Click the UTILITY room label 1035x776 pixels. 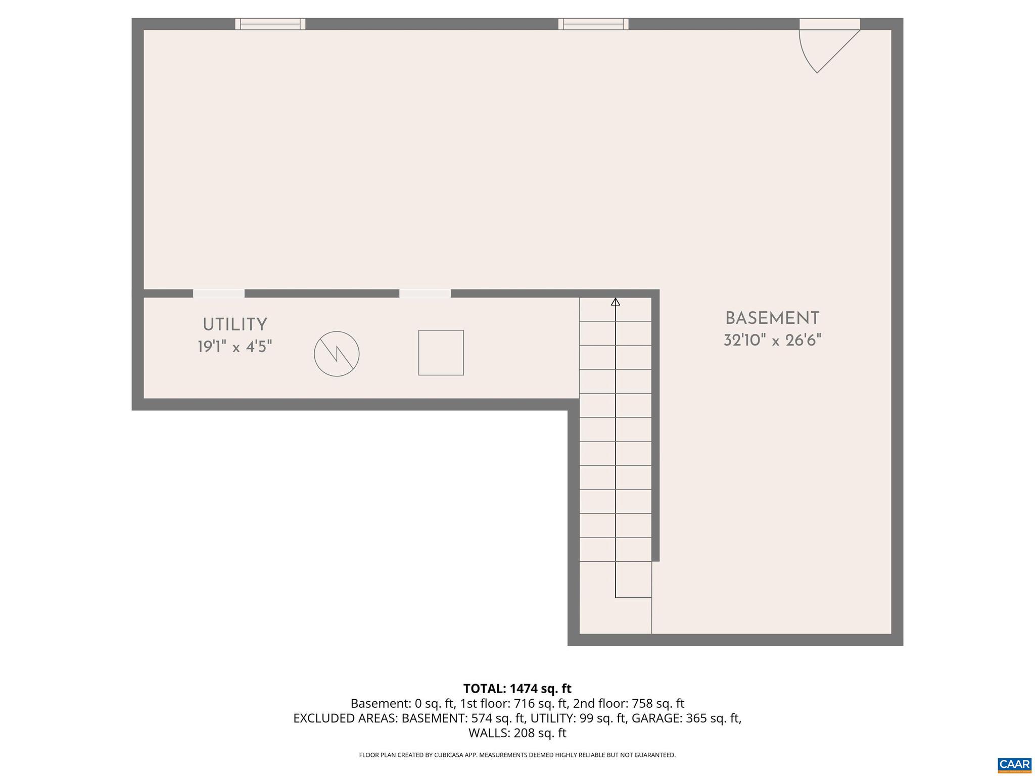tap(234, 324)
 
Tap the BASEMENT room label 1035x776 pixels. tap(772, 318)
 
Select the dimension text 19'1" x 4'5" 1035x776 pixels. tap(234, 347)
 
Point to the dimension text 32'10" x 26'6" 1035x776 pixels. tap(772, 341)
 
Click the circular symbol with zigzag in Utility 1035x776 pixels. tap(337, 354)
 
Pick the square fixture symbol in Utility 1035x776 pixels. tap(441, 353)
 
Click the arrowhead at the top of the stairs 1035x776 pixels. tap(615, 302)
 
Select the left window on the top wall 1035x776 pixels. tap(270, 24)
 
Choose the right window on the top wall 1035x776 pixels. tap(593, 24)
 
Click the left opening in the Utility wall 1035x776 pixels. tap(219, 293)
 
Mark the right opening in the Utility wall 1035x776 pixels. tap(425, 293)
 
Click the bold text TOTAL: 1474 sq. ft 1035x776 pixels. tap(517, 689)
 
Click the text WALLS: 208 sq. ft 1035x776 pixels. tap(517, 733)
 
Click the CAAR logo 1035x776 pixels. tap(1014, 764)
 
